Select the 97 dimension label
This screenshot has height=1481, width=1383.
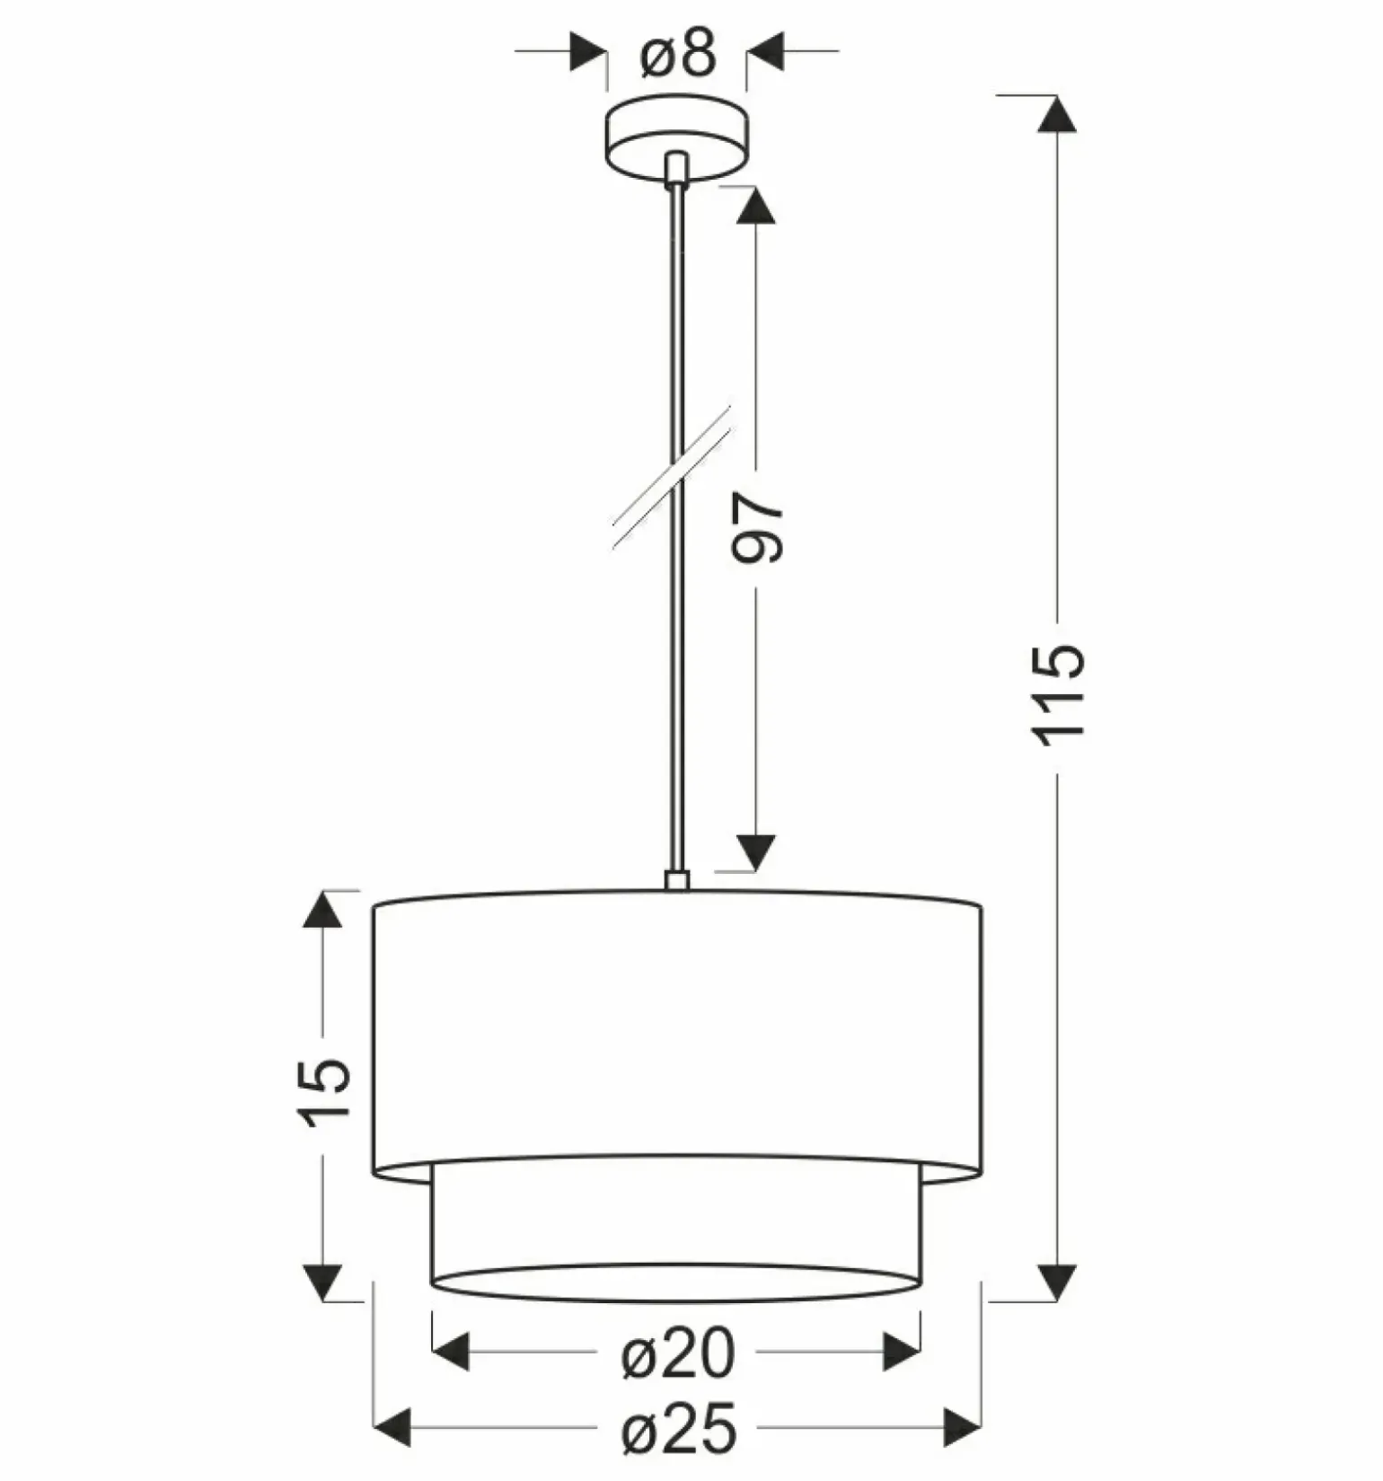click(x=757, y=528)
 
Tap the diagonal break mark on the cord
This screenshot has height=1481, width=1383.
click(x=672, y=476)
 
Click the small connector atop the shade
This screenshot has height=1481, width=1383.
click(x=677, y=879)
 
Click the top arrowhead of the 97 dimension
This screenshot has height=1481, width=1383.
click(x=756, y=206)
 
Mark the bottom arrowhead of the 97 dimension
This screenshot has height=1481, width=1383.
click(x=756, y=851)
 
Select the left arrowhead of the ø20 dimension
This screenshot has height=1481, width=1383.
click(x=451, y=1353)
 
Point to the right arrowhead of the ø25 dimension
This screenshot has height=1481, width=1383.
click(x=960, y=1428)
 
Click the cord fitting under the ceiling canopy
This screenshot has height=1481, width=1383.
click(x=677, y=169)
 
